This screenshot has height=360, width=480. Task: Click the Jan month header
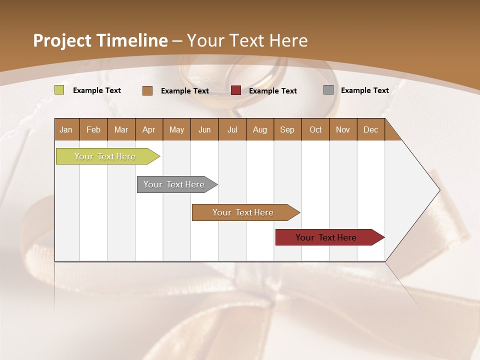tap(66, 129)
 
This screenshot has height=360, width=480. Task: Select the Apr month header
tap(149, 129)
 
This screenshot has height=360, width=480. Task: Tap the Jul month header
tap(232, 129)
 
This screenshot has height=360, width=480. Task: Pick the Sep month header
tap(287, 129)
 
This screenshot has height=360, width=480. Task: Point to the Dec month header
tap(370, 129)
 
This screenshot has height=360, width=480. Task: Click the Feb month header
tap(93, 129)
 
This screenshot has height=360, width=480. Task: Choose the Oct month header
tap(315, 129)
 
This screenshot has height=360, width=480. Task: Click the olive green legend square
tap(59, 90)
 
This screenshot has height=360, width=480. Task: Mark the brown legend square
tap(147, 90)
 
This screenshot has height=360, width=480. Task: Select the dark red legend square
tap(236, 90)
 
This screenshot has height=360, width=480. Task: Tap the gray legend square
tap(328, 90)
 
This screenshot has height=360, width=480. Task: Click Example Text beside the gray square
tap(364, 90)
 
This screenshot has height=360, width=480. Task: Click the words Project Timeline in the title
tap(100, 40)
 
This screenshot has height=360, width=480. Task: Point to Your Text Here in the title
tap(247, 40)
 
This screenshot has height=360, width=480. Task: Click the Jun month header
tap(204, 129)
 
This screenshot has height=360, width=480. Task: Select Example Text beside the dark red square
tap(273, 91)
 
